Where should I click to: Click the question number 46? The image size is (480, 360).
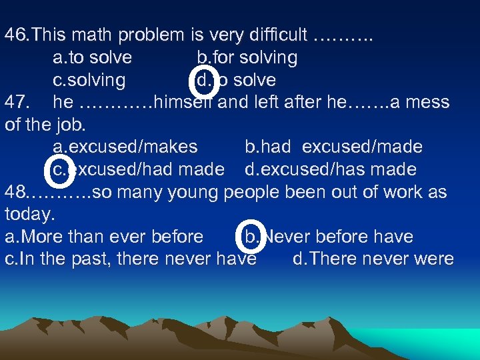click(16, 34)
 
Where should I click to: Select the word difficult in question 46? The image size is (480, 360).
click(275, 34)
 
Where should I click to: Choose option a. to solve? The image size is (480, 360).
click(93, 57)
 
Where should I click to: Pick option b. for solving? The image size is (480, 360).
click(247, 57)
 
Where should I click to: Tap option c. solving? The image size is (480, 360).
click(89, 80)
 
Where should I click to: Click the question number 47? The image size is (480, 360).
click(16, 103)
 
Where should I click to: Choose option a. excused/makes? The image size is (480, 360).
click(125, 147)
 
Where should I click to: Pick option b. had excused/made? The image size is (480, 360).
click(333, 147)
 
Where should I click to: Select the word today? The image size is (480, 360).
click(27, 215)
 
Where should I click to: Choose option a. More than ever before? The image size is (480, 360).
click(104, 237)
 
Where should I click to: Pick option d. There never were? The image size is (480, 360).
click(373, 259)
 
